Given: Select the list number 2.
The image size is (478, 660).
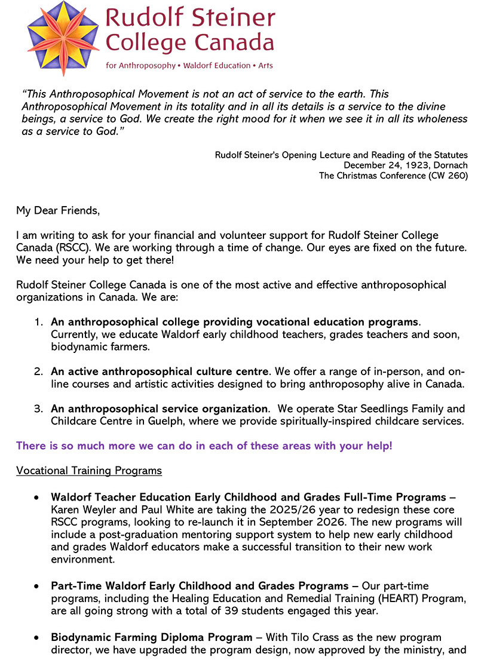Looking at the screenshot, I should tap(38, 372).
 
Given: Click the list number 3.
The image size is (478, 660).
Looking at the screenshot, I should tap(38, 409).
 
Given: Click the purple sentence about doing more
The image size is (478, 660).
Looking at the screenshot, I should tap(204, 446).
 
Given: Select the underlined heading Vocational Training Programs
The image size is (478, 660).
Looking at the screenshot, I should tap(89, 471).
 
